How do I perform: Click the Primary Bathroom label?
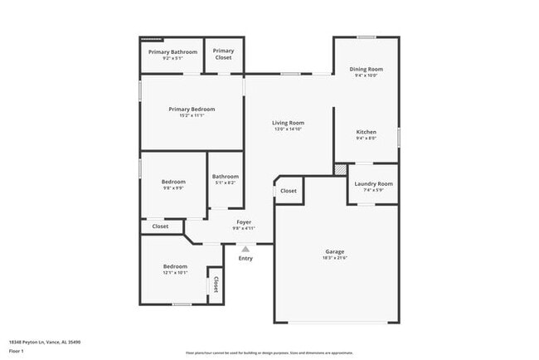[x=172, y=52]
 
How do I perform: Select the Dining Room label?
[x=366, y=69]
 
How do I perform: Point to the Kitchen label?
[x=366, y=132]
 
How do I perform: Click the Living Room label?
[x=288, y=123]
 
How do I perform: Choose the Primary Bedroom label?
[x=192, y=109]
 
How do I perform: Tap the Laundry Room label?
[x=373, y=183]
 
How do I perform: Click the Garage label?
[x=334, y=251]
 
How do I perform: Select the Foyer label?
[x=244, y=221]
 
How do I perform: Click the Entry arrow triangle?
[x=245, y=248]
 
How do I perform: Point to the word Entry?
[x=245, y=258]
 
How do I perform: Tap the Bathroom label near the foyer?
[x=225, y=176]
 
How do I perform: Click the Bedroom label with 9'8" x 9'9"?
[x=173, y=182]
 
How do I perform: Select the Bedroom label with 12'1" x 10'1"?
[x=174, y=265]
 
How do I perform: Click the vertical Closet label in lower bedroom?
[x=216, y=285]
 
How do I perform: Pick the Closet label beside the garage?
[x=288, y=191]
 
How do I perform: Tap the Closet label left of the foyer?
[x=160, y=226]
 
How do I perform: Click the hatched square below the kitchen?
[x=339, y=168]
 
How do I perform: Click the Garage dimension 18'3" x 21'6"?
[x=334, y=258]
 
